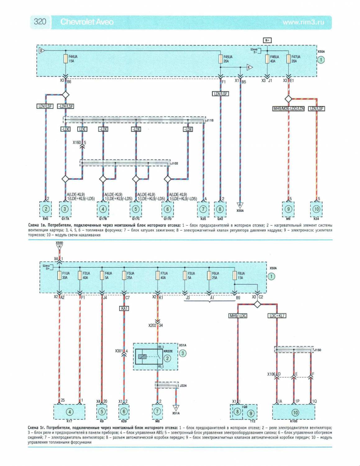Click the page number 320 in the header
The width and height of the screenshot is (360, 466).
[40, 22]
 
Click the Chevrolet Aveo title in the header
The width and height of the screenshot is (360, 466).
[87, 22]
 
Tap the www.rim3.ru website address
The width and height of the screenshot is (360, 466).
[303, 22]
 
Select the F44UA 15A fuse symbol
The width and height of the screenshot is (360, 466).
[66, 59]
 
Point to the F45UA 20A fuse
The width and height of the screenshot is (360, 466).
[221, 59]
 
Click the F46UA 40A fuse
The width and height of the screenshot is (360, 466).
[267, 59]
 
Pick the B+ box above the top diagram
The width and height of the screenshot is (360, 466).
[267, 40]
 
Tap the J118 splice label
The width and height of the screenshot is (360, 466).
[210, 120]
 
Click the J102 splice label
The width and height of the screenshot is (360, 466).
[174, 163]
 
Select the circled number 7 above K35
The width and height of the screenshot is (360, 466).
[203, 209]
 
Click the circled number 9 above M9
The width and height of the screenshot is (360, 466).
[288, 209]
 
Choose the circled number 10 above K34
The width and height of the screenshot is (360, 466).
[316, 209]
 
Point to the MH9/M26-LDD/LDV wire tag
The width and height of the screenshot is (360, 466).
[288, 108]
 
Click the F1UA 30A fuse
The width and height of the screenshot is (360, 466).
[59, 275]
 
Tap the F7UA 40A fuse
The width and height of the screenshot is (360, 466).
[158, 275]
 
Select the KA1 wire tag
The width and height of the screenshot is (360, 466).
[124, 308]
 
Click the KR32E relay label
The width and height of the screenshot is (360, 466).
[168, 351]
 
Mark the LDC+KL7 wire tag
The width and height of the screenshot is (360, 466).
[277, 316]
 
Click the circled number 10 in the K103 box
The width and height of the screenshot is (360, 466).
[295, 413]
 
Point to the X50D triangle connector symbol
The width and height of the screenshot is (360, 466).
[59, 247]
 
